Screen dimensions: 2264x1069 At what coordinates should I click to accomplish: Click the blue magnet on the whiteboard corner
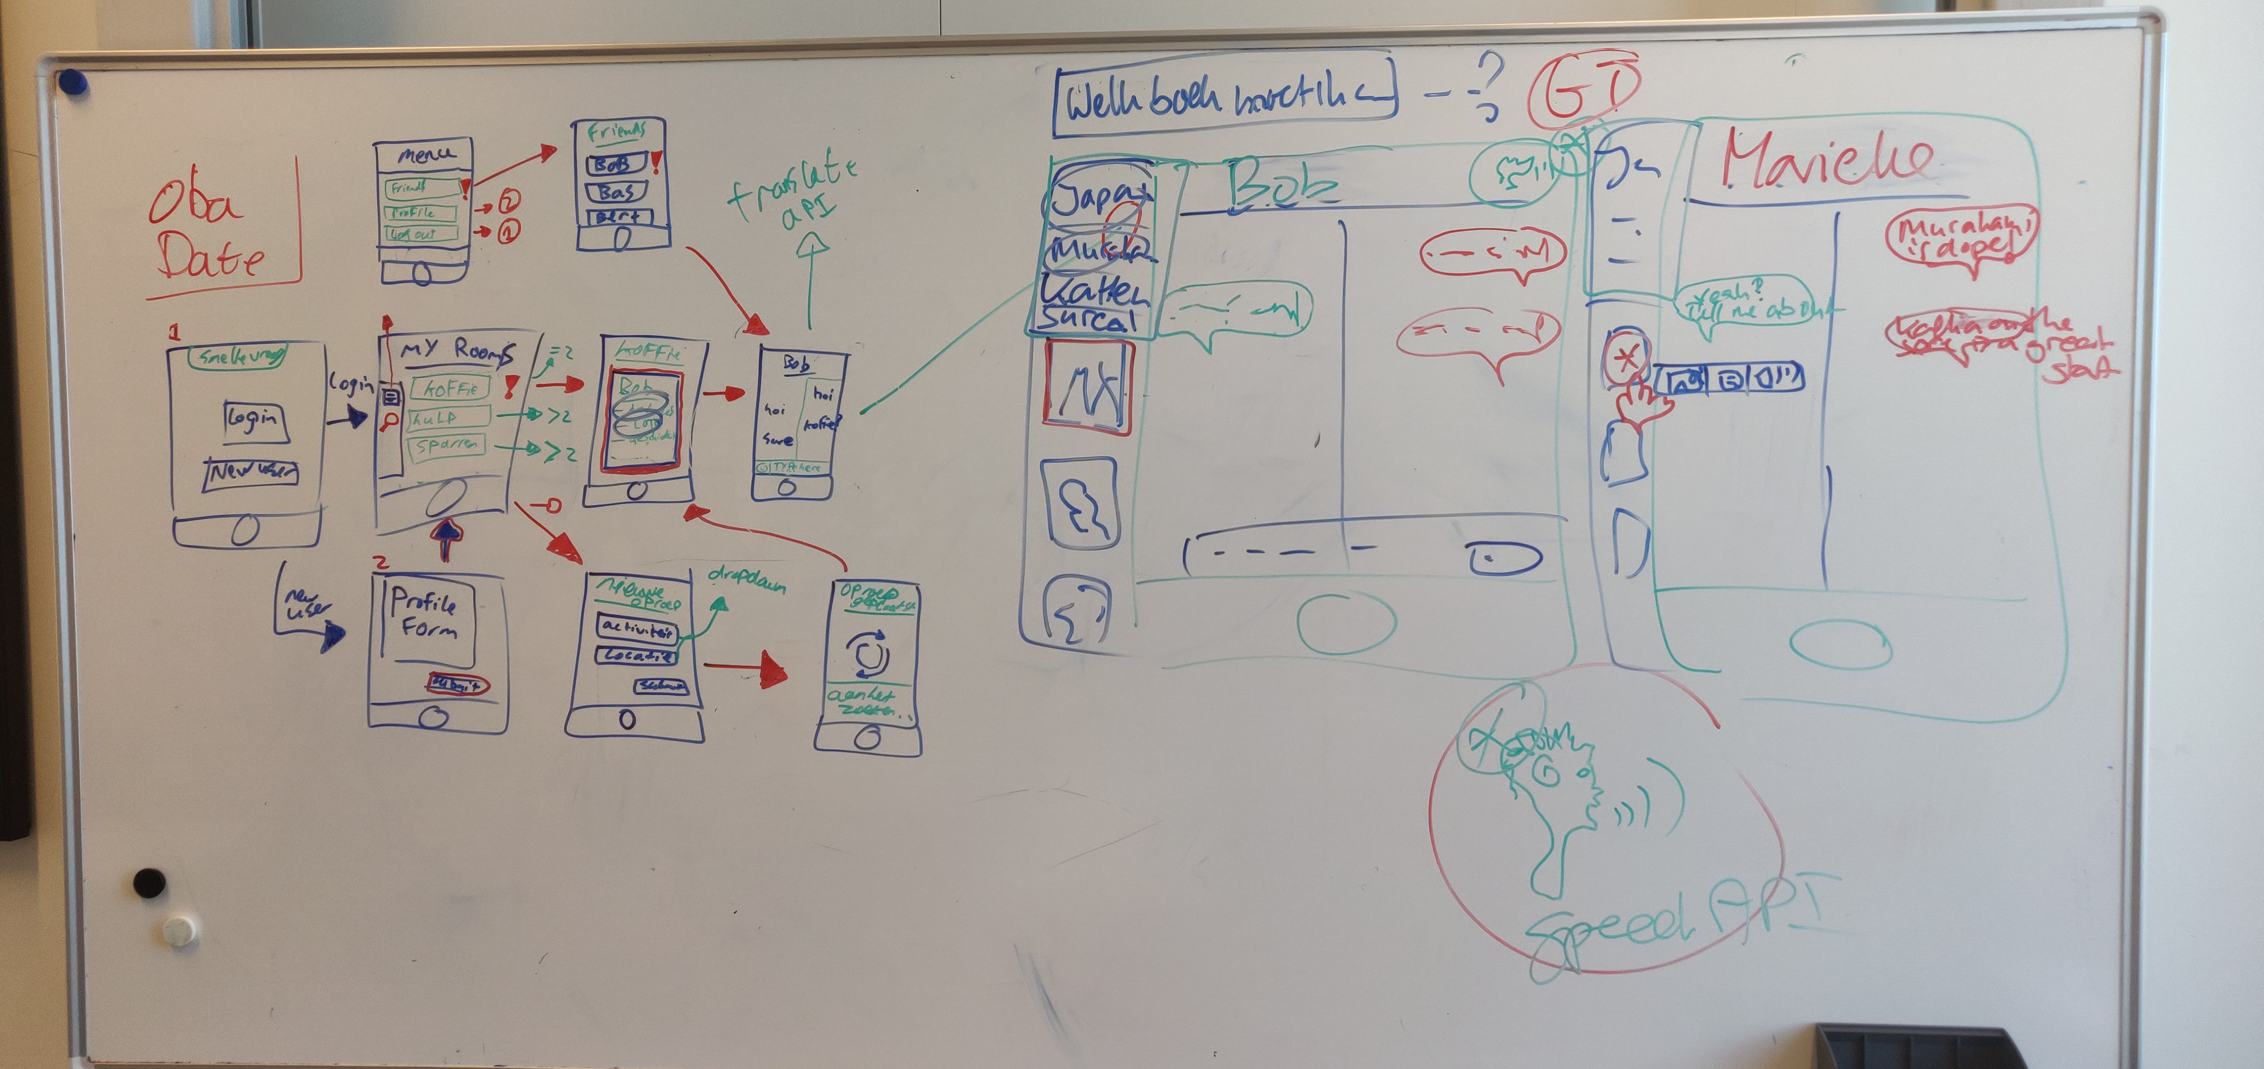point(73,84)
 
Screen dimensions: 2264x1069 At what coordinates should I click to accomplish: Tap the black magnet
point(148,882)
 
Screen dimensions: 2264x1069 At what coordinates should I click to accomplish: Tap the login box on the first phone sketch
point(255,420)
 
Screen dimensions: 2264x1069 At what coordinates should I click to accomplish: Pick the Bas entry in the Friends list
point(617,192)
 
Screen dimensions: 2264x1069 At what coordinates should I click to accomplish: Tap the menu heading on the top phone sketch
point(426,155)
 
